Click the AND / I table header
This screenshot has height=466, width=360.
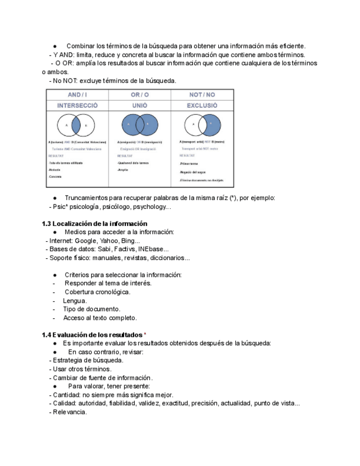point(77,95)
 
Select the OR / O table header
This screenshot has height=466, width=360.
point(140,95)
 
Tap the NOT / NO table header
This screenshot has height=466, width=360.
point(202,95)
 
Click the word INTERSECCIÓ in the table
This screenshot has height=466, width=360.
point(77,105)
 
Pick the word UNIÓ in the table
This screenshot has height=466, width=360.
point(140,105)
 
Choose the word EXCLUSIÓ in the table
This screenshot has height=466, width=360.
point(202,105)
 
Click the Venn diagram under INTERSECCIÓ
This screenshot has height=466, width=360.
point(76,125)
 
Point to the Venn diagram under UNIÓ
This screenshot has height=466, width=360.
point(140,125)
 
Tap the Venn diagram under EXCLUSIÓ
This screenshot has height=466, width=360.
point(202,125)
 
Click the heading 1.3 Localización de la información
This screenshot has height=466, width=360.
point(95,224)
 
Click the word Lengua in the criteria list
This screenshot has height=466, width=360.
point(75,301)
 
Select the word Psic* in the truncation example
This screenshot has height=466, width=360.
point(59,207)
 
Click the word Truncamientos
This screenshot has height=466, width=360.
point(88,198)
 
